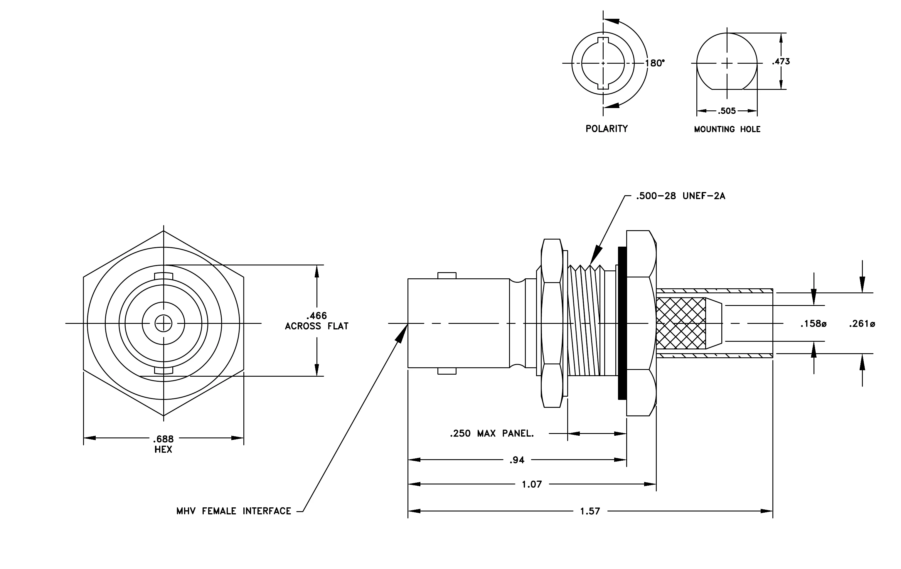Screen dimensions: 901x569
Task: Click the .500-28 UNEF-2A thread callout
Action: pos(681,196)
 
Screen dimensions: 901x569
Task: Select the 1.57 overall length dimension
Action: pos(590,511)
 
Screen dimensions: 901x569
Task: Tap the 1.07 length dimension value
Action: pos(532,484)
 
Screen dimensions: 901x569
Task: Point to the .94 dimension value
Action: pos(517,460)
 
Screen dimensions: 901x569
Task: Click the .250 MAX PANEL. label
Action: pos(492,434)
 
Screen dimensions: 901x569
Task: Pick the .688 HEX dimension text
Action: pos(164,444)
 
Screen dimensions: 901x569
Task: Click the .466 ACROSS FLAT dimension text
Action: pos(316,321)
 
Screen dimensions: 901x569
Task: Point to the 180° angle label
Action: pos(655,63)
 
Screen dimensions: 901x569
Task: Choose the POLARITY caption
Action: pos(607,129)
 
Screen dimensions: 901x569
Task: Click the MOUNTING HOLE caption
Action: pos(727,129)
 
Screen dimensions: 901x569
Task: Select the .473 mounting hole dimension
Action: pos(781,61)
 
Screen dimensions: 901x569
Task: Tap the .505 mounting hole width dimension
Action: pos(727,111)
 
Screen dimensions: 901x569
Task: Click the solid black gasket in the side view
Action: pos(622,323)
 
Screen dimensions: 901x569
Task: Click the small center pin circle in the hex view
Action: pos(164,324)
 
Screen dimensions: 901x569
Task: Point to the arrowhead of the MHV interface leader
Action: pos(402,333)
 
